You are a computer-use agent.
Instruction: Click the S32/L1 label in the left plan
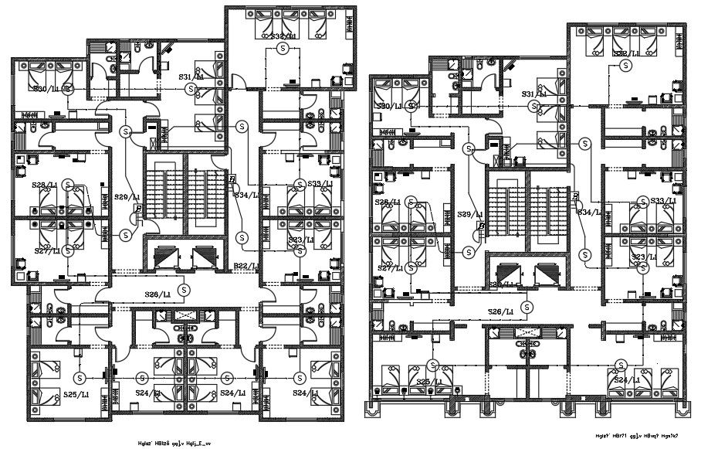(283, 36)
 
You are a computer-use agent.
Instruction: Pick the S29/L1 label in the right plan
(470, 214)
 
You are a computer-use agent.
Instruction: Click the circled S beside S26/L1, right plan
(527, 307)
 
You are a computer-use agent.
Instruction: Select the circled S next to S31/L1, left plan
(191, 89)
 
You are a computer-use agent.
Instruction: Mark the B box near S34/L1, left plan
(231, 179)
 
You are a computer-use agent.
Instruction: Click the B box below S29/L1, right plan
(481, 226)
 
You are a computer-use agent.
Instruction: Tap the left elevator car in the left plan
(166, 256)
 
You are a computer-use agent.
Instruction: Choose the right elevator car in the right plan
(546, 273)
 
